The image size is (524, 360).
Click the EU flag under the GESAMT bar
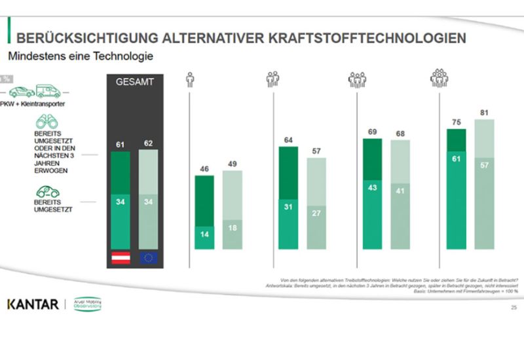tap(148, 257)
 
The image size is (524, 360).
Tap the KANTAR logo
tap(33, 304)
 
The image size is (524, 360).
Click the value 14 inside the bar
tap(204, 235)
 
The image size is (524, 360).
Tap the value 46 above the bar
tap(204, 168)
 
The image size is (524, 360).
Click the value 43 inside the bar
tap(373, 188)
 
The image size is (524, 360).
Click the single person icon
tap(190, 80)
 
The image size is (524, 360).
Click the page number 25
tap(512, 306)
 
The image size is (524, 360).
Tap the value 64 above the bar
tap(289, 139)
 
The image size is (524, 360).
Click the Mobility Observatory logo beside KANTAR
tap(87, 304)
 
